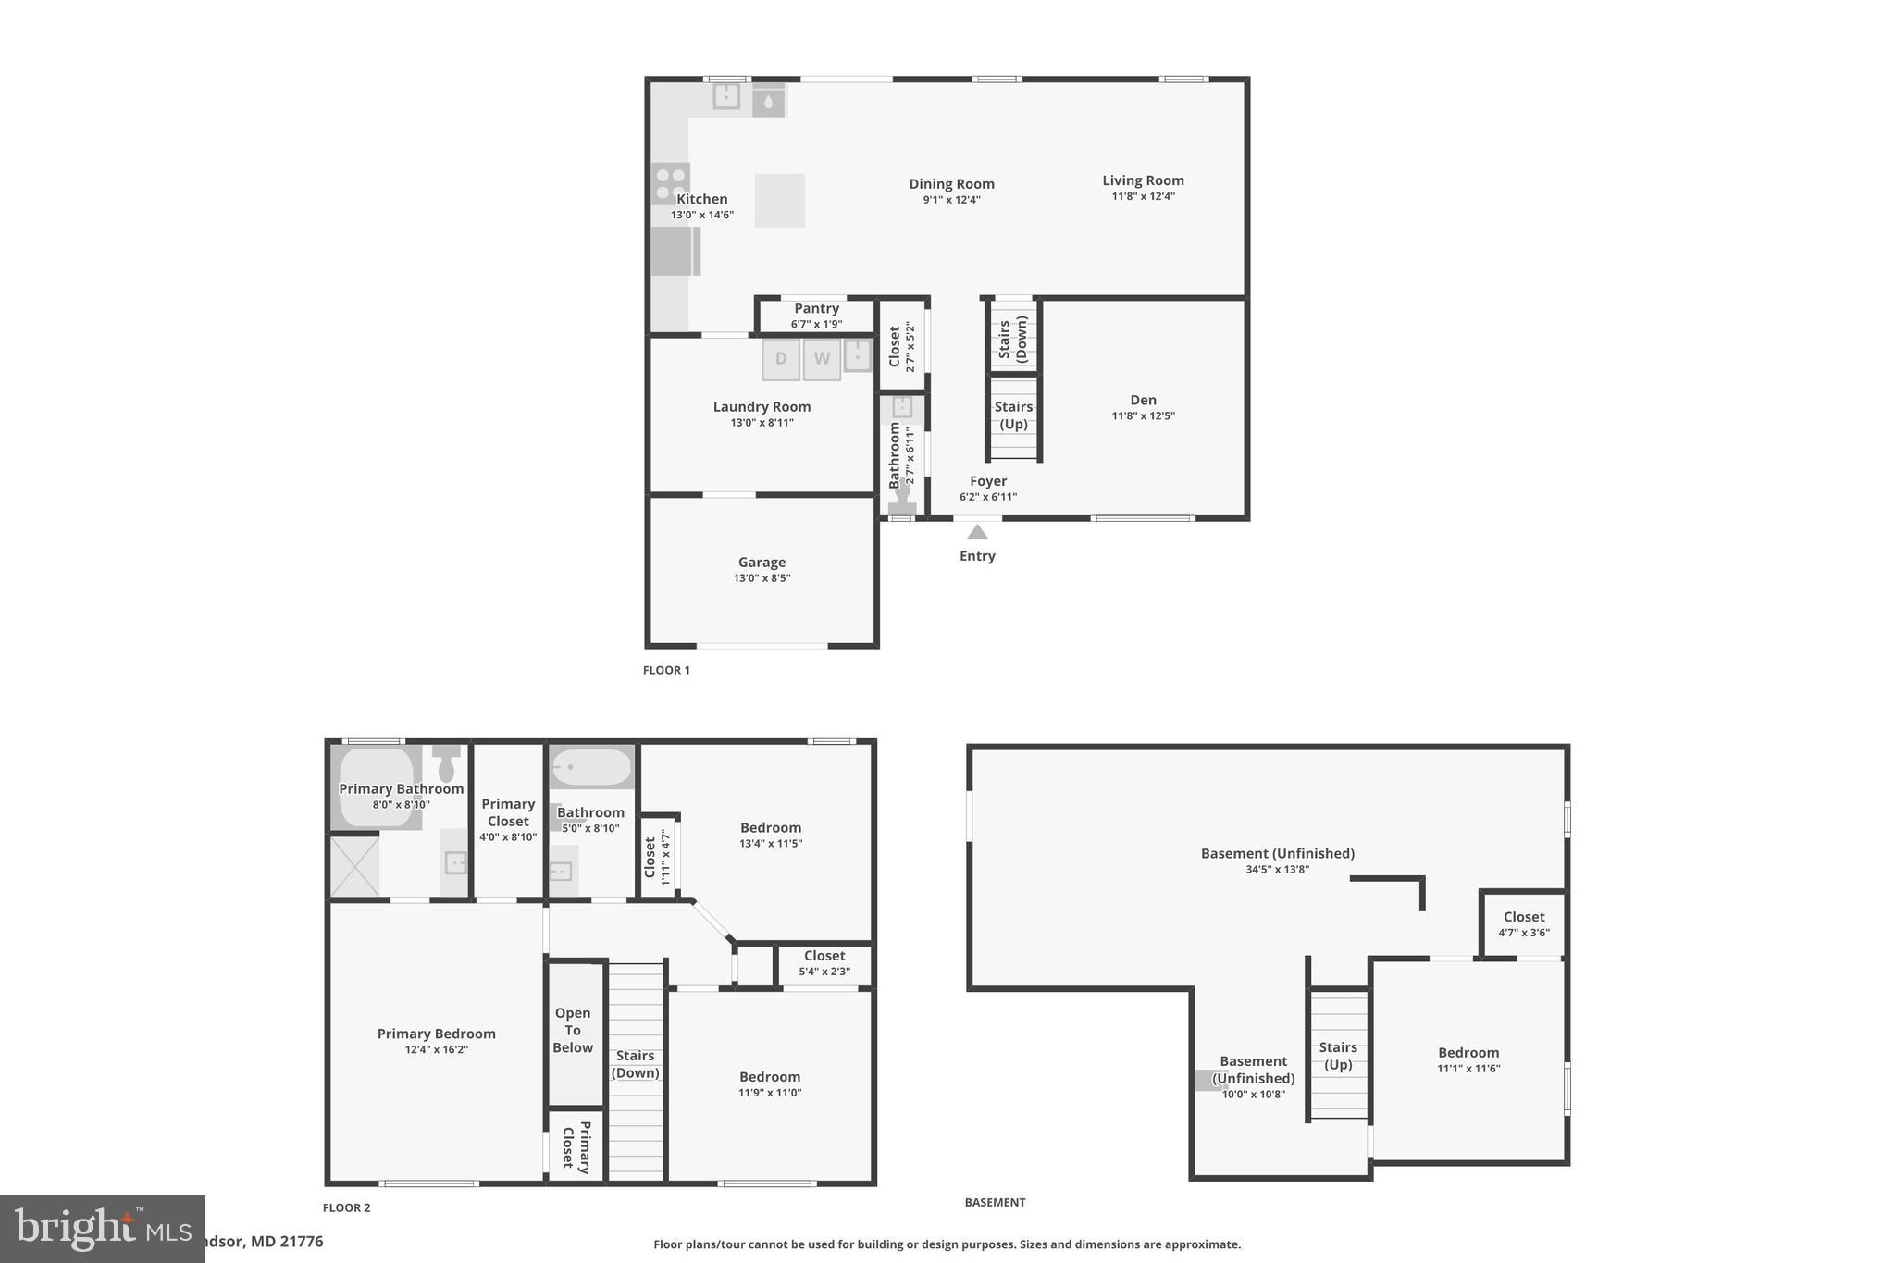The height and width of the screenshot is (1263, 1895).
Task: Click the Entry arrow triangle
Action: tap(977, 533)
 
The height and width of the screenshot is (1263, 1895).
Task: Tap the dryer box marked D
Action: tap(781, 359)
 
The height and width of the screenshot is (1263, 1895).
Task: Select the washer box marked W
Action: tap(822, 359)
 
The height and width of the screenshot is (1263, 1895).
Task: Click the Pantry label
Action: tap(816, 309)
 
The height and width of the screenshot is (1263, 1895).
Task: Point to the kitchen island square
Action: tap(779, 200)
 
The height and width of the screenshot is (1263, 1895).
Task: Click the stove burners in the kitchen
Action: tap(670, 182)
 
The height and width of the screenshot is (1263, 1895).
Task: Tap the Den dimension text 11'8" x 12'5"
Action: tap(1143, 416)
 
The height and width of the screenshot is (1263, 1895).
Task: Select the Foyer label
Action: tap(988, 481)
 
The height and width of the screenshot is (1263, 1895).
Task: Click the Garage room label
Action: tap(762, 563)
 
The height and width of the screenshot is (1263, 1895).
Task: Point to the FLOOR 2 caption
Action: tap(346, 1207)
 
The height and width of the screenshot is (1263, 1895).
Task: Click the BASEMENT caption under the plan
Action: tap(995, 1203)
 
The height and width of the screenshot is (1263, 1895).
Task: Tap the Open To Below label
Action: tap(573, 1031)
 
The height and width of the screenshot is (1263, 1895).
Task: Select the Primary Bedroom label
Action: tap(436, 1034)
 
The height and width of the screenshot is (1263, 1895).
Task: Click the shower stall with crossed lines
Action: tap(354, 866)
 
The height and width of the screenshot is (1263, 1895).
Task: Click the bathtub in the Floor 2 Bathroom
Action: tap(591, 767)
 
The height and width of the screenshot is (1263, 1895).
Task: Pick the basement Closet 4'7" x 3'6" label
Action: tap(1523, 918)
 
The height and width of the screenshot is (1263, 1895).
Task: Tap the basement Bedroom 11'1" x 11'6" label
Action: tap(1468, 1053)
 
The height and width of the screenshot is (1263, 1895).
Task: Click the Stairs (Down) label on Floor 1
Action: tap(1013, 339)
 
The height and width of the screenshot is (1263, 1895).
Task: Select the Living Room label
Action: tap(1143, 181)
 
